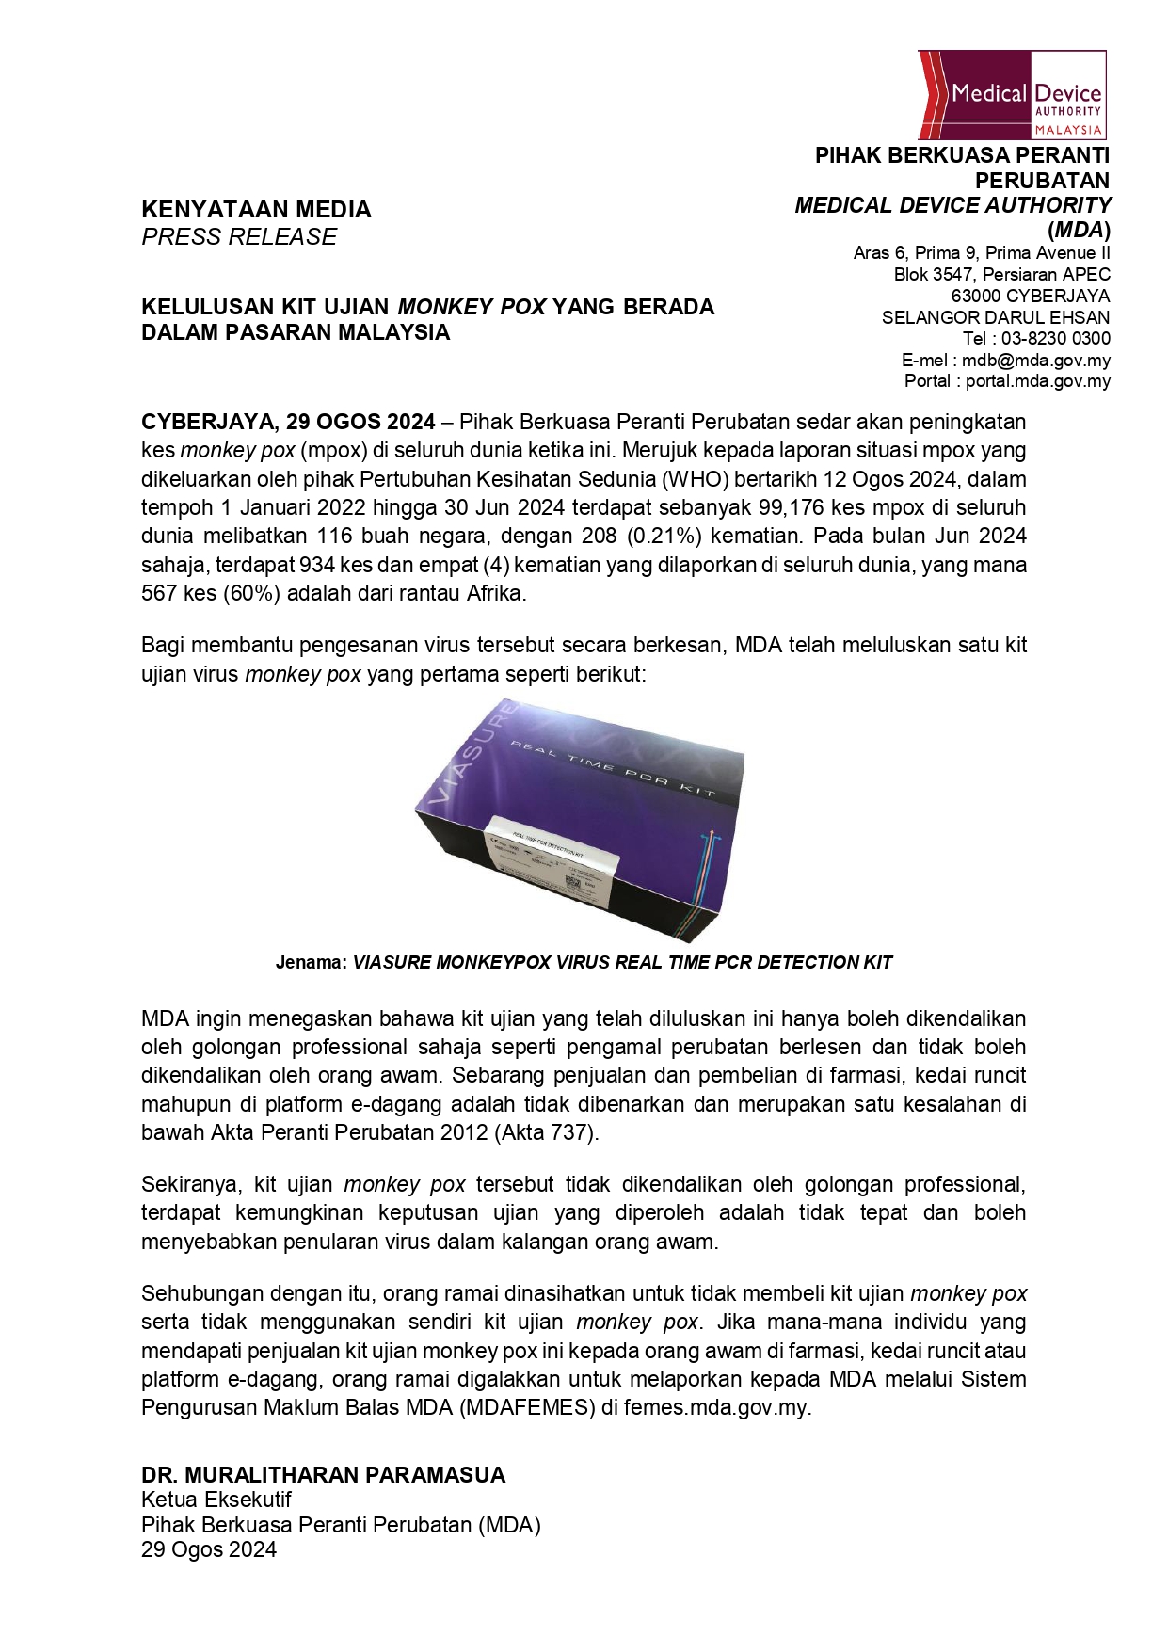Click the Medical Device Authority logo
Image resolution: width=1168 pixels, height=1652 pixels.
[1012, 95]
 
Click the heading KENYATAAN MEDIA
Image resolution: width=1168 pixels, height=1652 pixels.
[256, 210]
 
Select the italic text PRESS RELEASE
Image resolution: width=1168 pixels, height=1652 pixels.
[239, 237]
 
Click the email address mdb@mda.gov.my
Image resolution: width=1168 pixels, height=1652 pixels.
[1035, 361]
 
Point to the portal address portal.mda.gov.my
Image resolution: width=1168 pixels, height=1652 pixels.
[1037, 381]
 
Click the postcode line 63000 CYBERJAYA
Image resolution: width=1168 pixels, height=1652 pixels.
[1030, 297]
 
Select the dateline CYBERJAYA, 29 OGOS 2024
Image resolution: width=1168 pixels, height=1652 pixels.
[288, 422]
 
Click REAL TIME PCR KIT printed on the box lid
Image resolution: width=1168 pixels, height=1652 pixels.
[612, 769]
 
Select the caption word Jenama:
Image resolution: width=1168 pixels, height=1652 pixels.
[312, 963]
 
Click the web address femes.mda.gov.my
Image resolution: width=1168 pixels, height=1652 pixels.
[716, 1409]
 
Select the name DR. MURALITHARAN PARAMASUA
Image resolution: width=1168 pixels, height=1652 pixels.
[324, 1475]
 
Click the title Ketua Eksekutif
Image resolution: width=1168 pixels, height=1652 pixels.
[216, 1500]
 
